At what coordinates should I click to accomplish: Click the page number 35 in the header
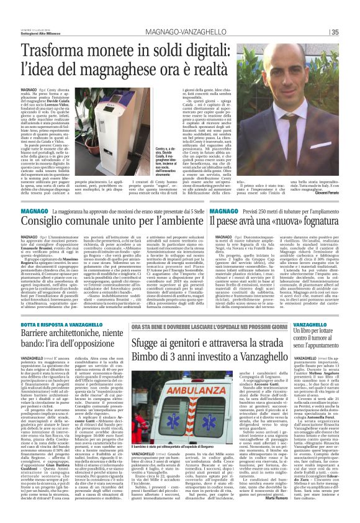click(x=351, y=32)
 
